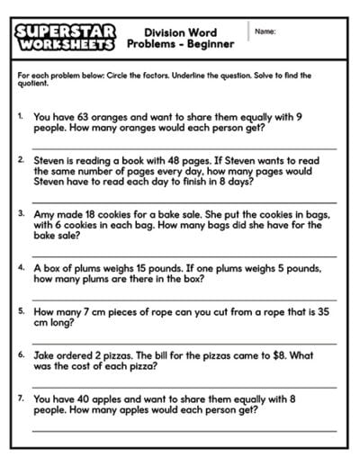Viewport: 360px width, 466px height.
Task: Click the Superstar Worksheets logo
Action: tap(65, 37)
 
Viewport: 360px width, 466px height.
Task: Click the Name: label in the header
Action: tap(265, 32)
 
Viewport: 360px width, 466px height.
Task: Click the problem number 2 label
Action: tap(21, 159)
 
